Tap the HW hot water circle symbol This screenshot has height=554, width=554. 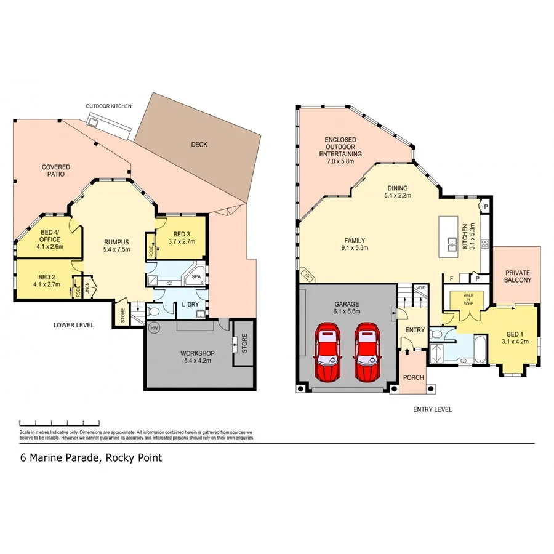154,329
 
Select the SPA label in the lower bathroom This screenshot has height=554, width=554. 196,277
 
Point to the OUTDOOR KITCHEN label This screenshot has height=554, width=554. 109,106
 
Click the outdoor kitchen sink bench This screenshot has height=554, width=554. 109,125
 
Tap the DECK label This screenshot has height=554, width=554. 199,145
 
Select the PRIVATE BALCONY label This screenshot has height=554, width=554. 517,276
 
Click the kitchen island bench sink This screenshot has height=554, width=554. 451,242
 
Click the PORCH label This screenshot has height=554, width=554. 413,377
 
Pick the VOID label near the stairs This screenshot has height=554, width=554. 421,287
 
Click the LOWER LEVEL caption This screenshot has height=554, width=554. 74,325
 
